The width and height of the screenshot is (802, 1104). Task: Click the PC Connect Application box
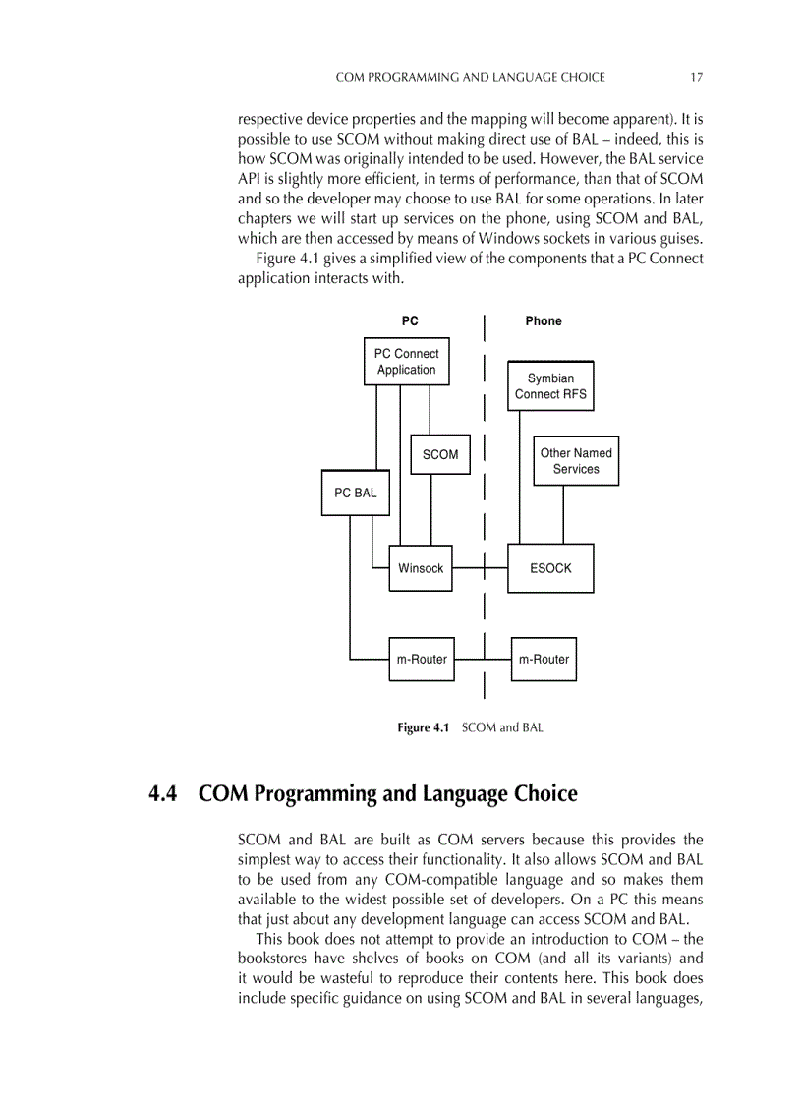406,362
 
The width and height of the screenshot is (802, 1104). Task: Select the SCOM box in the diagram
439,454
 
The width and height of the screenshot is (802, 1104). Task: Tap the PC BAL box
355,493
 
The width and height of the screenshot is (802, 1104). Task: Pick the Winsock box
421,568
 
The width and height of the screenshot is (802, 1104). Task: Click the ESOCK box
550,568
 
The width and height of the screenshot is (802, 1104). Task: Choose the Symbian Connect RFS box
550,386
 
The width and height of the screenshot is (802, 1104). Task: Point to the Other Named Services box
576,461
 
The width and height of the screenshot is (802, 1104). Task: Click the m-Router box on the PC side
422,659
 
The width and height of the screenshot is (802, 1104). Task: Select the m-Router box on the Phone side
544,659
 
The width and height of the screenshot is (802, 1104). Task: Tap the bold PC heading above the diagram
410,321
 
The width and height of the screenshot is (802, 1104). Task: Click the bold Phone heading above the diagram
544,321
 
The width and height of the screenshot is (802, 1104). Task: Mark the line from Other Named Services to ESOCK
563,514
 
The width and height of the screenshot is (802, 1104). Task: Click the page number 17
696,77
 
